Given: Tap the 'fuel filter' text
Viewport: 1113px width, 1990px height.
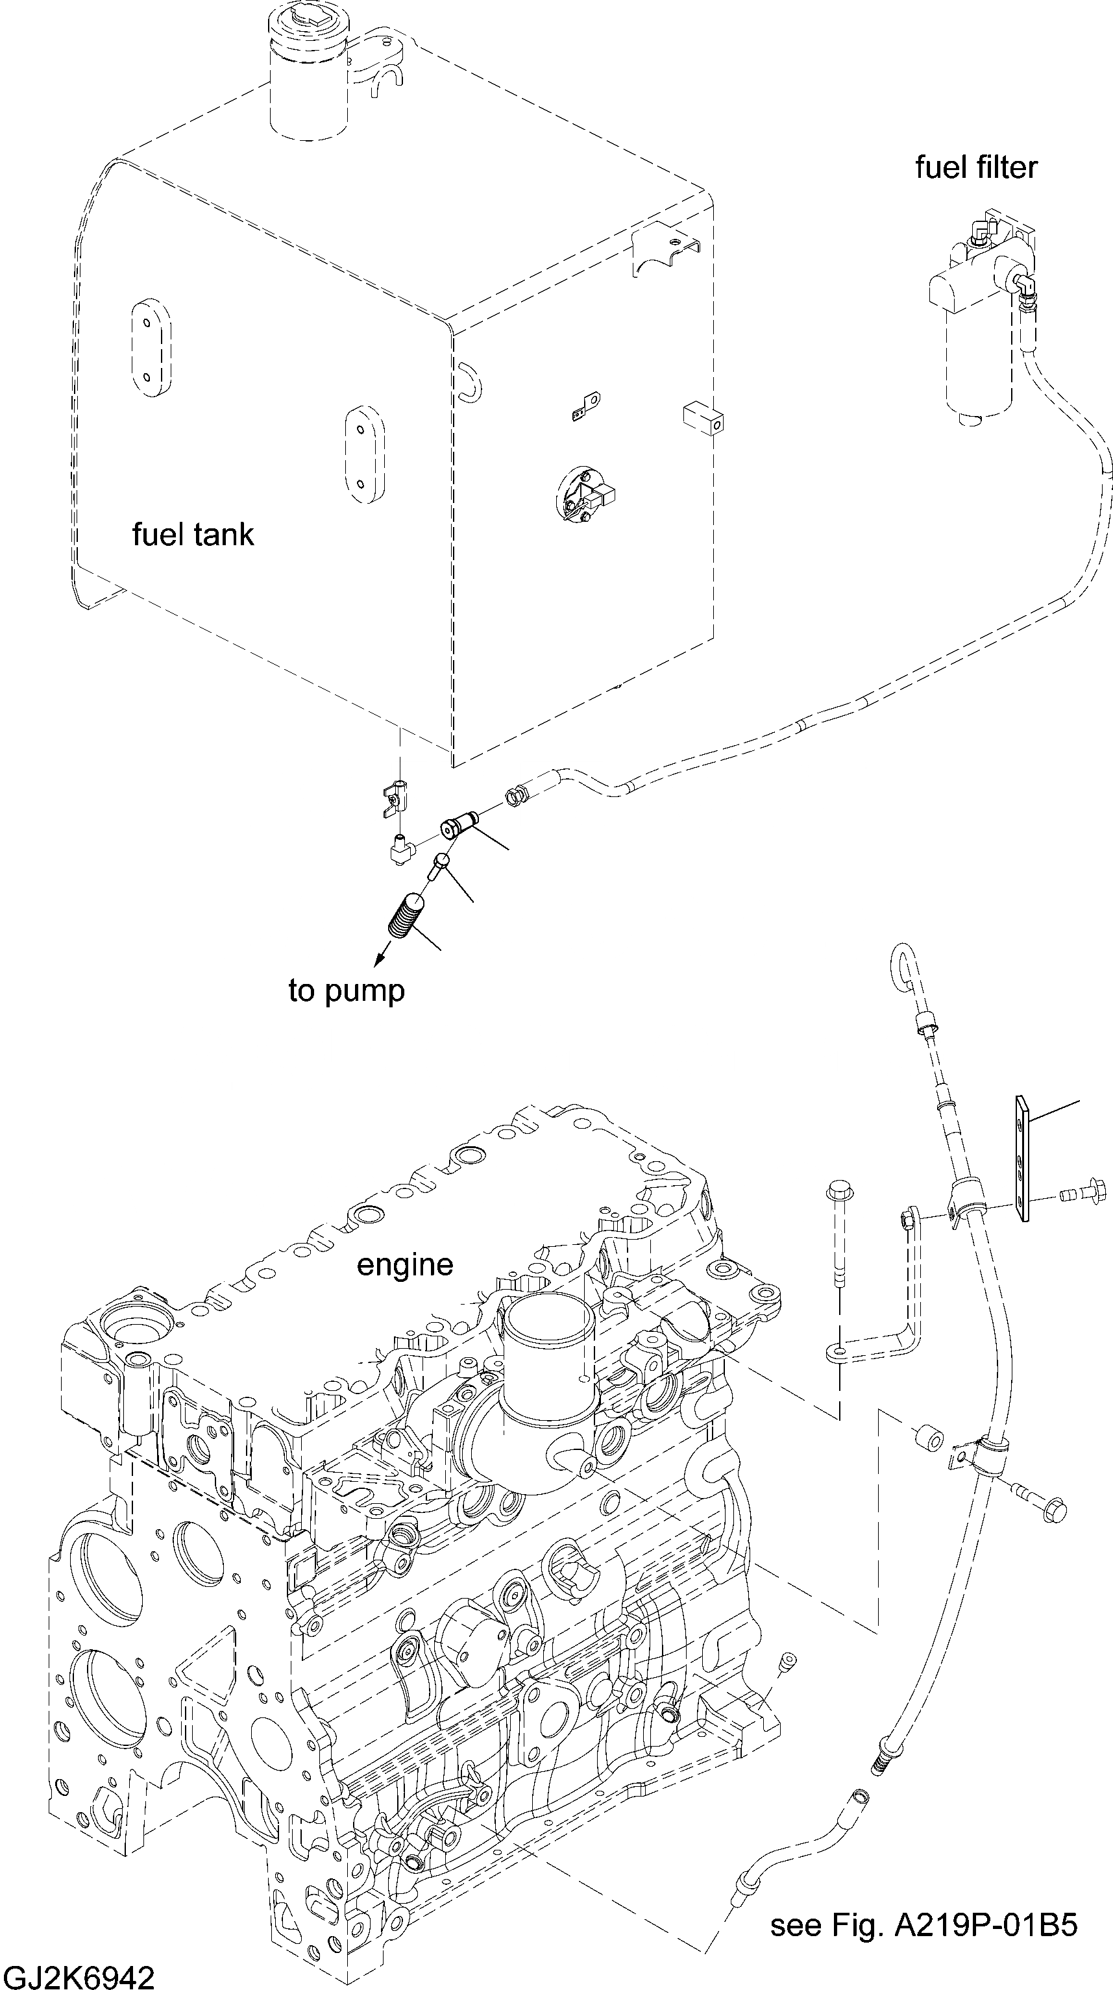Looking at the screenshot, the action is [x=976, y=167].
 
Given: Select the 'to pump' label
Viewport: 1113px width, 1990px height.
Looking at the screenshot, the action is [x=347, y=991].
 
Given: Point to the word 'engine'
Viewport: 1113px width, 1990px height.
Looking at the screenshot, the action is [x=405, y=1266].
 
